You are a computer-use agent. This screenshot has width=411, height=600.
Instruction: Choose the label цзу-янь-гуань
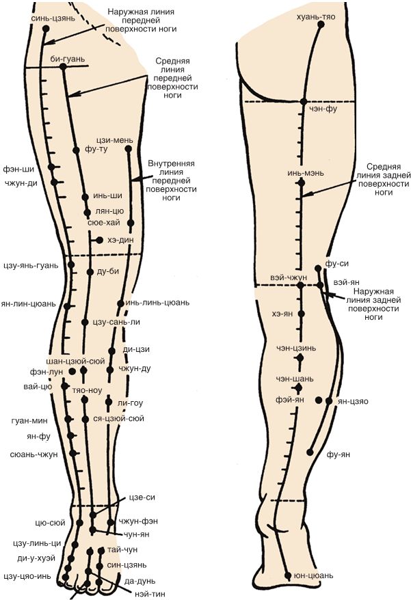pyautogui.click(x=30, y=265)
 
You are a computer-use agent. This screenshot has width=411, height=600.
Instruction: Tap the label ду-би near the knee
pyautogui.click(x=109, y=271)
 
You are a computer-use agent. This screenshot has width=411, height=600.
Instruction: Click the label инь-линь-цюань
pyautogui.click(x=157, y=302)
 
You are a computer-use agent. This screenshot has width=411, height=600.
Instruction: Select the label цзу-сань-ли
pyautogui.click(x=116, y=322)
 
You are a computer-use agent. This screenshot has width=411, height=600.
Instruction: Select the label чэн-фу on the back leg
pyautogui.click(x=323, y=108)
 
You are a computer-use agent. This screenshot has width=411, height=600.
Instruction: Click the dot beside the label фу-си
pyautogui.click(x=319, y=268)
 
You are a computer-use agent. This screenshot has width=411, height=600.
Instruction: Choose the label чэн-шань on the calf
pyautogui.click(x=295, y=378)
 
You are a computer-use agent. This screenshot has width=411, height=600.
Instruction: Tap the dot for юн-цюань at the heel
pyautogui.click(x=288, y=575)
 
